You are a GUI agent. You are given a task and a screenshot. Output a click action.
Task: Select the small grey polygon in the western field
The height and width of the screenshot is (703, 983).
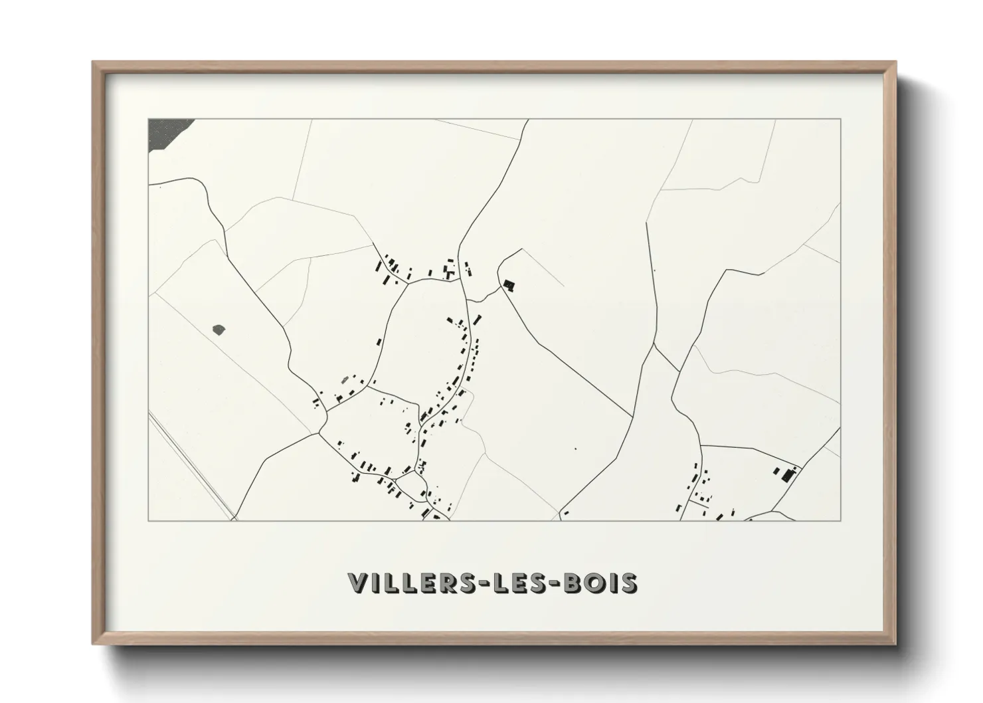click(x=218, y=328)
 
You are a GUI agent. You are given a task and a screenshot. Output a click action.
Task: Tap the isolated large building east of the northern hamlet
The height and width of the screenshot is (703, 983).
click(x=509, y=285)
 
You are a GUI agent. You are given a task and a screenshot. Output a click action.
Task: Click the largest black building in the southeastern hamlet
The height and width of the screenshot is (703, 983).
click(x=788, y=474)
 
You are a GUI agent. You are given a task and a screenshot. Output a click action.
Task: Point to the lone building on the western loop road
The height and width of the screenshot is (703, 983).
click(x=379, y=342)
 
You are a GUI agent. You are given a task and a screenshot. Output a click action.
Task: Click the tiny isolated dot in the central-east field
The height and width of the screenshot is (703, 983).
click(x=575, y=449)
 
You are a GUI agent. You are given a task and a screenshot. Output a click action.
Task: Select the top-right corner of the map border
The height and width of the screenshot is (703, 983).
click(x=841, y=119)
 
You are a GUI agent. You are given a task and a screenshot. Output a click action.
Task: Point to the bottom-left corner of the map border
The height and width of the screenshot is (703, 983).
click(x=149, y=520)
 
